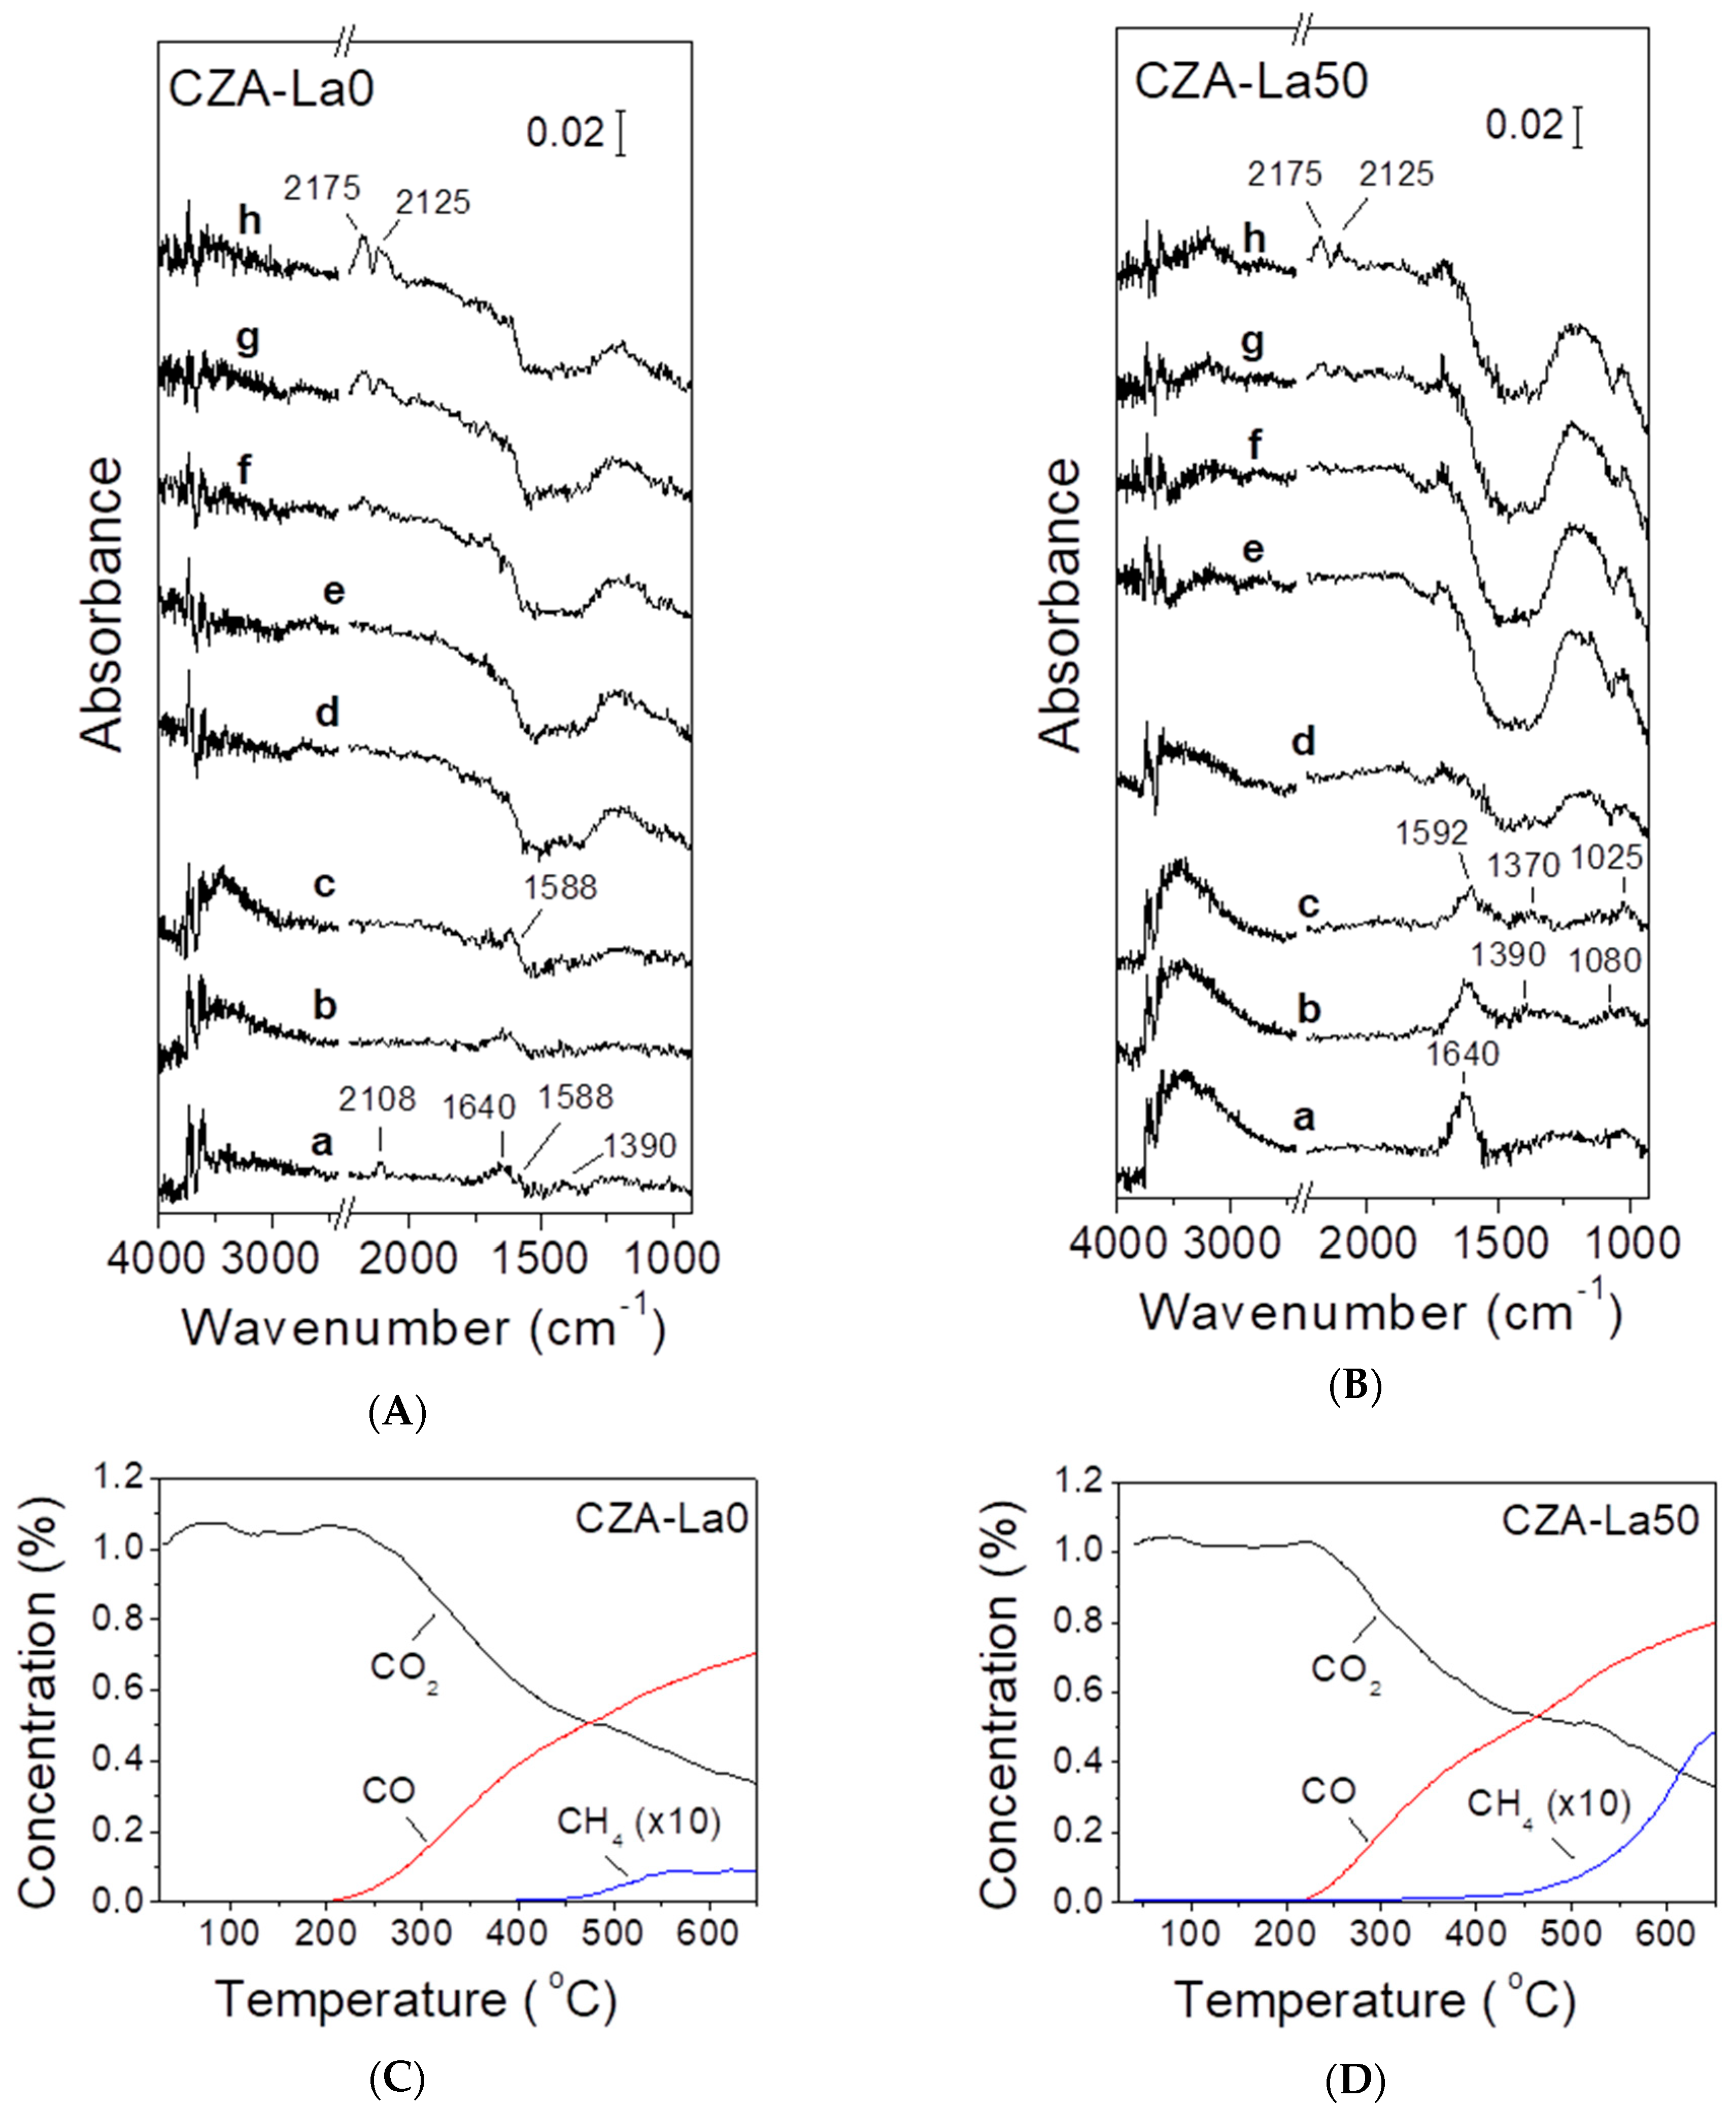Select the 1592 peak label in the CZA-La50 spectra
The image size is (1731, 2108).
tap(1432, 833)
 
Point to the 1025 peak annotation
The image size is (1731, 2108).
tap(1606, 857)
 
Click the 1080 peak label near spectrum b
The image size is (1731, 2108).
tap(1604, 960)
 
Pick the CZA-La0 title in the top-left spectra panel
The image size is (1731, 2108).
tap(271, 89)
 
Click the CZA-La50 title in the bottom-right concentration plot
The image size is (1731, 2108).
tap(1600, 1520)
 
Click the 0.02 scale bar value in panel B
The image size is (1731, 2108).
tap(1523, 125)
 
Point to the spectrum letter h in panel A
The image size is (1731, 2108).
tap(249, 219)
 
